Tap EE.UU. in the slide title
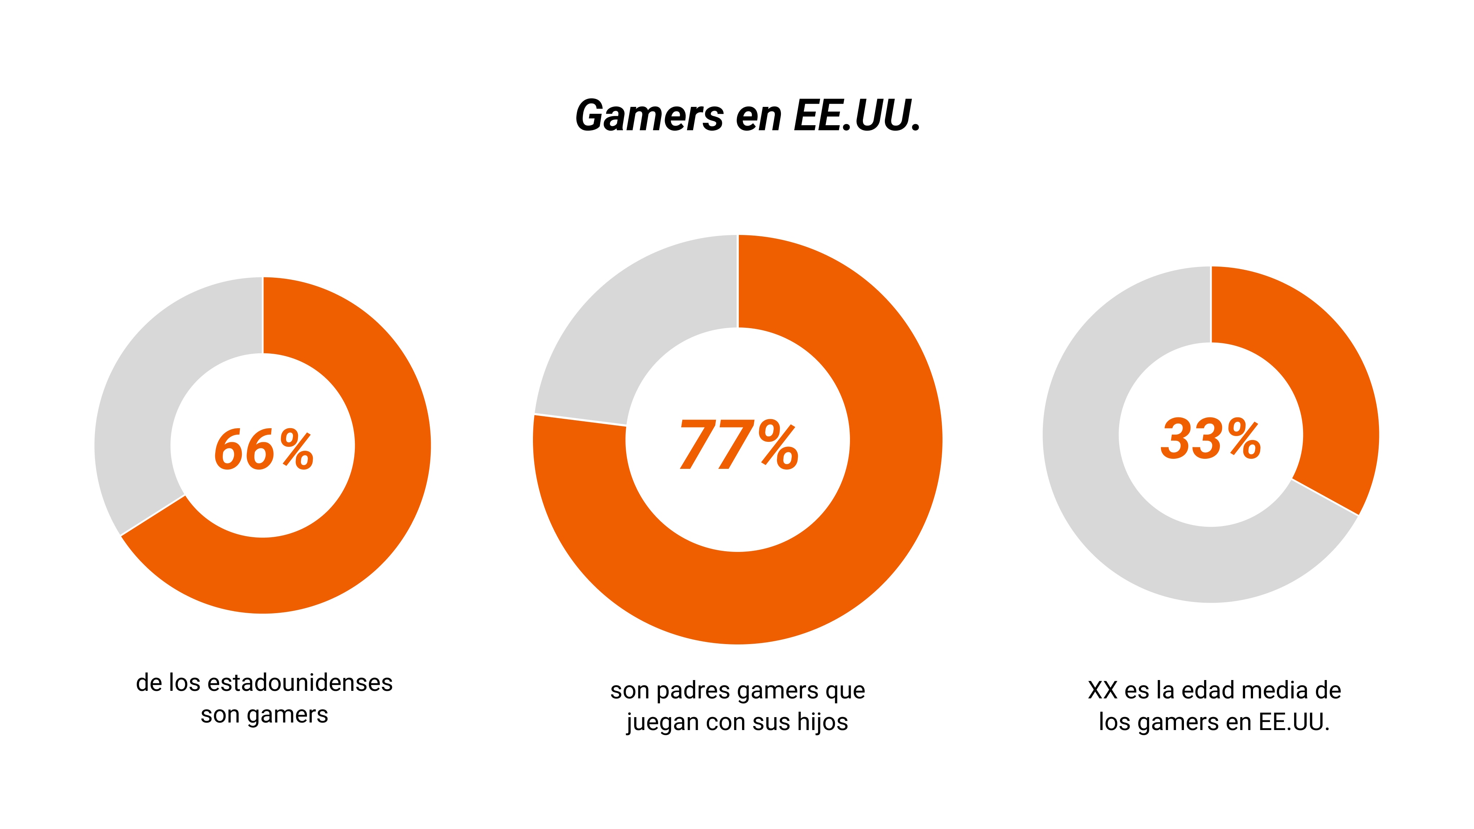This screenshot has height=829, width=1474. point(856,116)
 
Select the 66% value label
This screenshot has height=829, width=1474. point(264,450)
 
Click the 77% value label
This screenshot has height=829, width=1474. point(738,444)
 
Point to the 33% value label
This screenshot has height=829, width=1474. point(1211,439)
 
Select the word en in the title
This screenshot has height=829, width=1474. point(758,116)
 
